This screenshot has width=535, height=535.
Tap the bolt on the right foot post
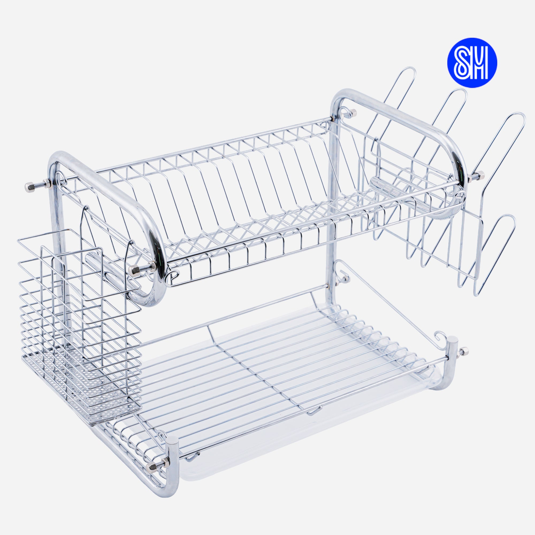462,351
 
